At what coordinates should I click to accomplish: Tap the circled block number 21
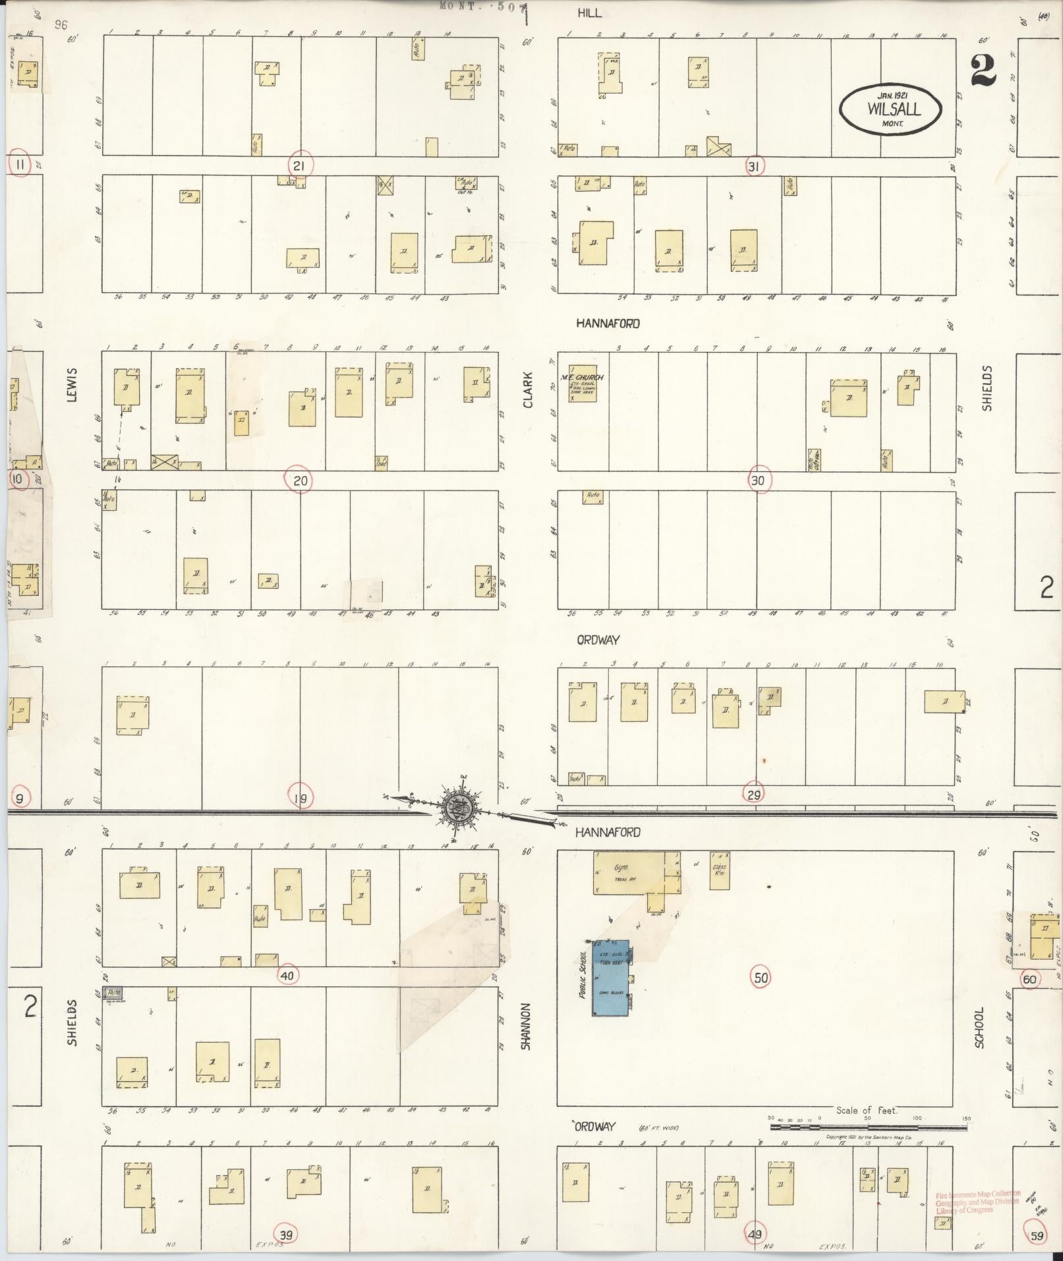tap(299, 165)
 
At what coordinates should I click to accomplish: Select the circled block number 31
tap(753, 167)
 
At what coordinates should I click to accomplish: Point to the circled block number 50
tap(761, 978)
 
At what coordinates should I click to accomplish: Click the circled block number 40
tap(288, 976)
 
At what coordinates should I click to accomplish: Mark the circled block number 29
tap(754, 795)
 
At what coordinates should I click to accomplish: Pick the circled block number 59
tap(1037, 1235)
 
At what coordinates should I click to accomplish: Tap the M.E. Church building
tap(583, 383)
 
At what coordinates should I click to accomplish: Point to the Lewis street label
tap(72, 384)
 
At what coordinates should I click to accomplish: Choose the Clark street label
tap(528, 391)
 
